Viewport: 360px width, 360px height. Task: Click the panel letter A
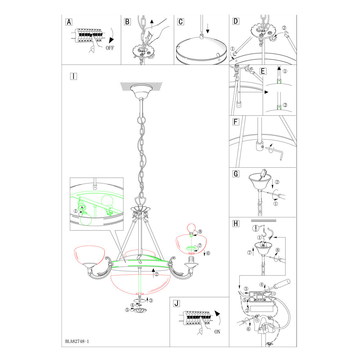point(69,21)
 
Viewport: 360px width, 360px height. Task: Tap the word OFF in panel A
point(111,48)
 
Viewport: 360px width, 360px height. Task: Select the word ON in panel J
point(217,332)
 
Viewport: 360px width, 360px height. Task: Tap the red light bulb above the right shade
point(190,229)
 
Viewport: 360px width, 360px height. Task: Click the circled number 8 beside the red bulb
point(200,232)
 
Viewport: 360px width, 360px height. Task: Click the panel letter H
point(235,224)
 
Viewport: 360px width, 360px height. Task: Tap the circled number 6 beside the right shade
point(208,253)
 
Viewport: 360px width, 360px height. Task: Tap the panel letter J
point(176,304)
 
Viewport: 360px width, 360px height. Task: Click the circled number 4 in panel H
point(262,284)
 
